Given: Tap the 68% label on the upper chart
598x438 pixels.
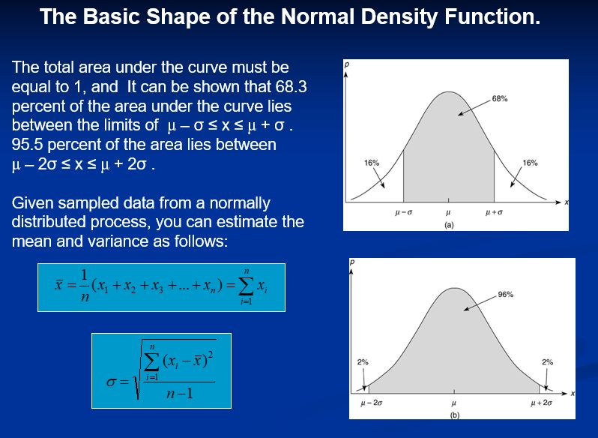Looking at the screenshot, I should pos(501,98).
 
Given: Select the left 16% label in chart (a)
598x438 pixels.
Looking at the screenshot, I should pos(371,162).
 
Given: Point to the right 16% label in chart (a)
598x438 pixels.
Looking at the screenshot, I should pos(530,162).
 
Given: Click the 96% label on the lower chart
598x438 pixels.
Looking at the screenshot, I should pos(505,295).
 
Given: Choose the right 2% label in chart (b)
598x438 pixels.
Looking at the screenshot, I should pos(547,361).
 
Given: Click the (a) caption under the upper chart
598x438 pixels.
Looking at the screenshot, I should pos(448,223).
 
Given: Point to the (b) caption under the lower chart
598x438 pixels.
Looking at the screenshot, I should pos(454,414).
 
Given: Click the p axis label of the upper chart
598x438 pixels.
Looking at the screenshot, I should pos(346,66).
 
